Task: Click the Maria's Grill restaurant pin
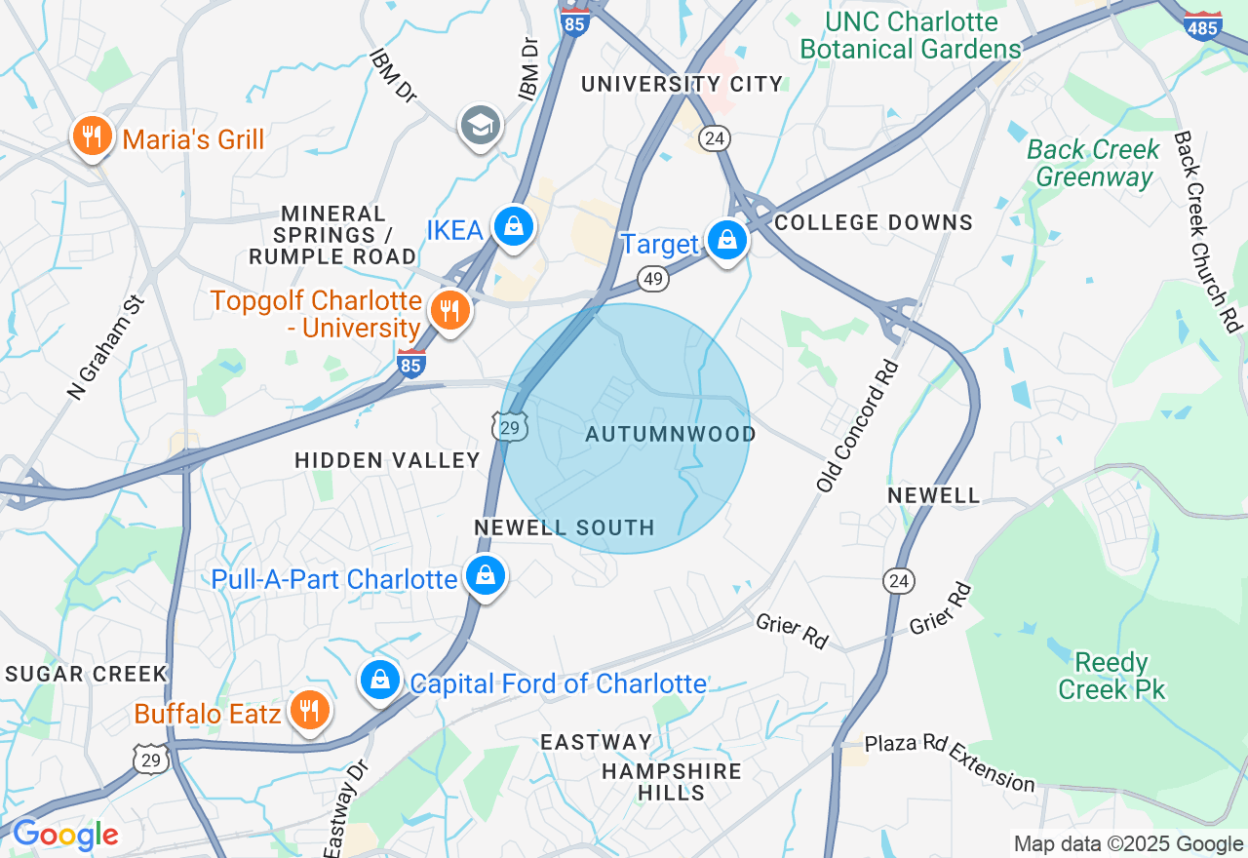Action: click(x=93, y=137)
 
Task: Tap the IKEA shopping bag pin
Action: click(x=513, y=227)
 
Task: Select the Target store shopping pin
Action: click(x=726, y=239)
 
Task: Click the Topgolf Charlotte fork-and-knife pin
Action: click(x=449, y=311)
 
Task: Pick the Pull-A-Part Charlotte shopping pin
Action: click(x=485, y=576)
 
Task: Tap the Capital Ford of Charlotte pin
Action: click(x=380, y=681)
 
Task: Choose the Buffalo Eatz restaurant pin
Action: click(x=310, y=711)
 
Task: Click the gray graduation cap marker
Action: click(x=480, y=126)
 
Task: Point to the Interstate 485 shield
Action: click(x=1202, y=25)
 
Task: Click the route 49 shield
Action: click(x=653, y=280)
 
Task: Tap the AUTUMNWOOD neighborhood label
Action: click(x=671, y=434)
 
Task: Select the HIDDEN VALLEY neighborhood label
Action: click(x=387, y=460)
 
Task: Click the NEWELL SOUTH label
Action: click(x=565, y=527)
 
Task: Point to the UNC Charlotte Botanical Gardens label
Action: click(x=911, y=35)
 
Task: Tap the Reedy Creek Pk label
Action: click(x=1111, y=676)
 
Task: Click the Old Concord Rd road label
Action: click(x=858, y=425)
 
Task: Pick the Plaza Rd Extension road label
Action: click(x=950, y=761)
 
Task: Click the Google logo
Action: click(x=65, y=835)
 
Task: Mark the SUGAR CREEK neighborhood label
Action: click(x=87, y=674)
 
